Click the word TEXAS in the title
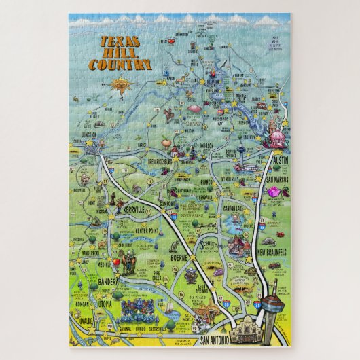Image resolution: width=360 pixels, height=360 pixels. tap(118, 41)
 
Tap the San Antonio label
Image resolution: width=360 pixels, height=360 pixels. tap(203, 339)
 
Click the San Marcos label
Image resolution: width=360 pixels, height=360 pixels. tap(279, 179)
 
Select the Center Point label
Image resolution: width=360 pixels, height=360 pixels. tap(151, 229)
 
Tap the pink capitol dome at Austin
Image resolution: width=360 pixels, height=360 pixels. tap(278, 139)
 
